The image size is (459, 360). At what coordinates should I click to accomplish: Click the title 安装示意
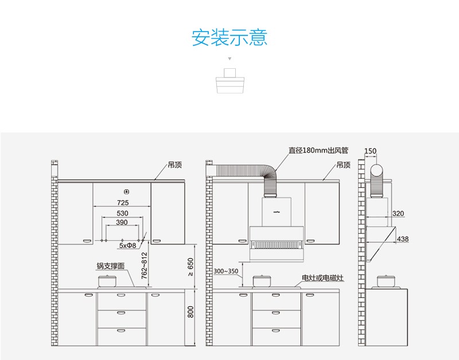click(229, 38)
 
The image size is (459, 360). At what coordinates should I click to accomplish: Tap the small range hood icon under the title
click(229, 82)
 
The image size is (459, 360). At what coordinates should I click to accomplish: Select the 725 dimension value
click(123, 203)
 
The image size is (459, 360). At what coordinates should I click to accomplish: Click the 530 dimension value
click(123, 213)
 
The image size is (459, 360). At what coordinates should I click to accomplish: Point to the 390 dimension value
click(122, 222)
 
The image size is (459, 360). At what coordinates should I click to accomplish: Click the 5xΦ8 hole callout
click(127, 246)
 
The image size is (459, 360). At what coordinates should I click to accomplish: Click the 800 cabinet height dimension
click(191, 312)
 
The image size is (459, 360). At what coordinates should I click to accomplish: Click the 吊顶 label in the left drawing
click(175, 165)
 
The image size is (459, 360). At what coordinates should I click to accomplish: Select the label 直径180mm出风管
click(318, 150)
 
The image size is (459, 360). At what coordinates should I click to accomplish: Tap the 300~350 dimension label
click(225, 271)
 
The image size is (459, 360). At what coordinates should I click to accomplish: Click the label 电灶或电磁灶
click(323, 278)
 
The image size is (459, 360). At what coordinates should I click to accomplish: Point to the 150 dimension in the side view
click(371, 151)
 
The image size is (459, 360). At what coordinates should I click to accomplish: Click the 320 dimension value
click(398, 214)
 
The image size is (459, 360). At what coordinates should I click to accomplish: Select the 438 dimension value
click(403, 238)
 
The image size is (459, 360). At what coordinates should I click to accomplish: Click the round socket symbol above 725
click(125, 191)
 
